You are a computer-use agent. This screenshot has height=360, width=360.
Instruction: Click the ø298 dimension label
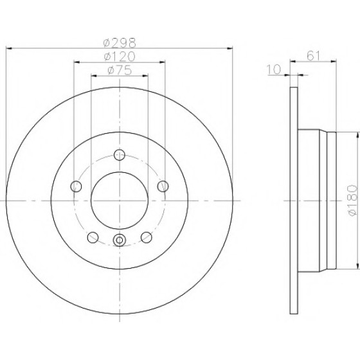tap(120, 42)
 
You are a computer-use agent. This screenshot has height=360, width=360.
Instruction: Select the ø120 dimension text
tap(120, 57)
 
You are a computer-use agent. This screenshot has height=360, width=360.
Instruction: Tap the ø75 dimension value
tap(120, 70)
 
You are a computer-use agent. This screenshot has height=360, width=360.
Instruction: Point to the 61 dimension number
tap(314, 56)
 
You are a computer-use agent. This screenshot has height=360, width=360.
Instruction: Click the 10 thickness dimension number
tap(274, 69)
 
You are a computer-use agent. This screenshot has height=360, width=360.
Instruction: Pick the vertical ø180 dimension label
tap(353, 201)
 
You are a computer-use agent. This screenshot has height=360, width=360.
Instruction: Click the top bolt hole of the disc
tap(120, 155)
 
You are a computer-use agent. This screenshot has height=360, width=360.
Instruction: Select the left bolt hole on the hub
tap(76, 186)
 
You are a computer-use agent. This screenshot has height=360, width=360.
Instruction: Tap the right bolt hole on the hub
tap(163, 186)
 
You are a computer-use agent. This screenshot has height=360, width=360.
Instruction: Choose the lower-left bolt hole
tap(93, 237)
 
